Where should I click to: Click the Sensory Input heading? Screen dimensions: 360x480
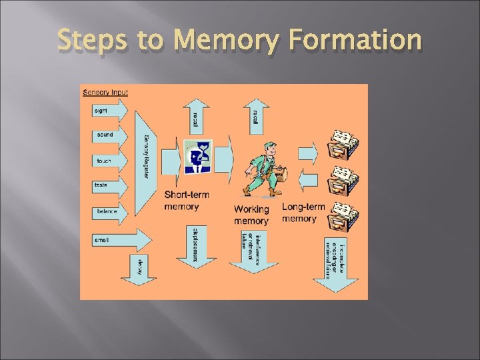pyautogui.click(x=105, y=92)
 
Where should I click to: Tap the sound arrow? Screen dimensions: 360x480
pyautogui.click(x=109, y=135)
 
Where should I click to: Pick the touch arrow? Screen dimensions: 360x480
pyautogui.click(x=109, y=161)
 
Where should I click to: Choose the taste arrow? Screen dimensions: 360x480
pyautogui.click(x=109, y=185)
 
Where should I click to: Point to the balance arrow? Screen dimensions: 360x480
pyautogui.click(x=109, y=211)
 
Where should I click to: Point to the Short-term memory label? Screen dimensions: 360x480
pyautogui.click(x=187, y=201)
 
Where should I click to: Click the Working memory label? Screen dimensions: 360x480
pyautogui.click(x=251, y=215)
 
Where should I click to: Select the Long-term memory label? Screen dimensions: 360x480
pyautogui.click(x=303, y=213)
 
